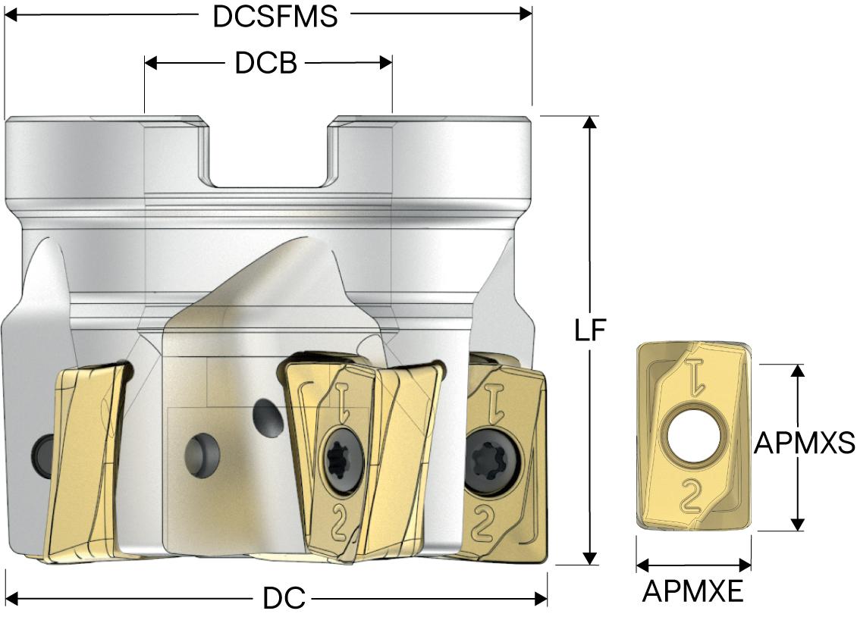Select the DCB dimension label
click(265, 64)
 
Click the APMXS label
click(805, 443)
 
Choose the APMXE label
click(693, 591)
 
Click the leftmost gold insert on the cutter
click(83, 462)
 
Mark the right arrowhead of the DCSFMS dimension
click(526, 13)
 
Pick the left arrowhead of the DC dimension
click(11, 599)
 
